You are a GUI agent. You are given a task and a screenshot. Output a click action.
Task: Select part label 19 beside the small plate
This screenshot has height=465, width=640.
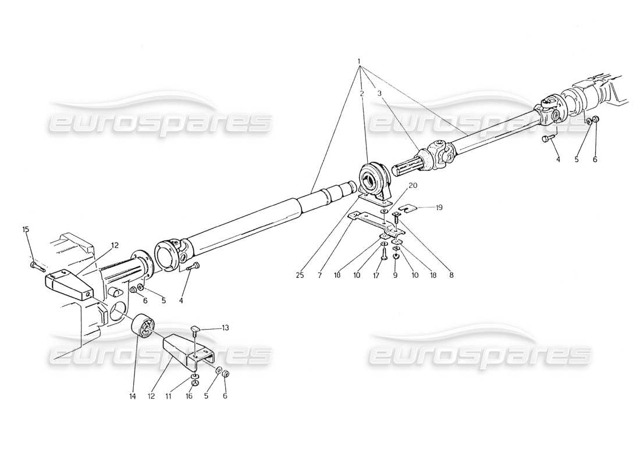click(x=440, y=206)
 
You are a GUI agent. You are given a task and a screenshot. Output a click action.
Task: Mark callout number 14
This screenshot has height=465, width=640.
click(x=132, y=397)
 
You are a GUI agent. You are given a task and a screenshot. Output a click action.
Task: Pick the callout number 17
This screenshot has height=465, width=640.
click(x=376, y=276)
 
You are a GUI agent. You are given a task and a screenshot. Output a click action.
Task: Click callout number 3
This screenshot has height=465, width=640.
click(x=379, y=93)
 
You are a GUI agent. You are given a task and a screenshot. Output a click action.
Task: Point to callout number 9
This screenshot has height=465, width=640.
click(x=396, y=276)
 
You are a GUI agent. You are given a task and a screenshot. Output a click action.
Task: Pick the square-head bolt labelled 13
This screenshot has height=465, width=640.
click(x=197, y=332)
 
